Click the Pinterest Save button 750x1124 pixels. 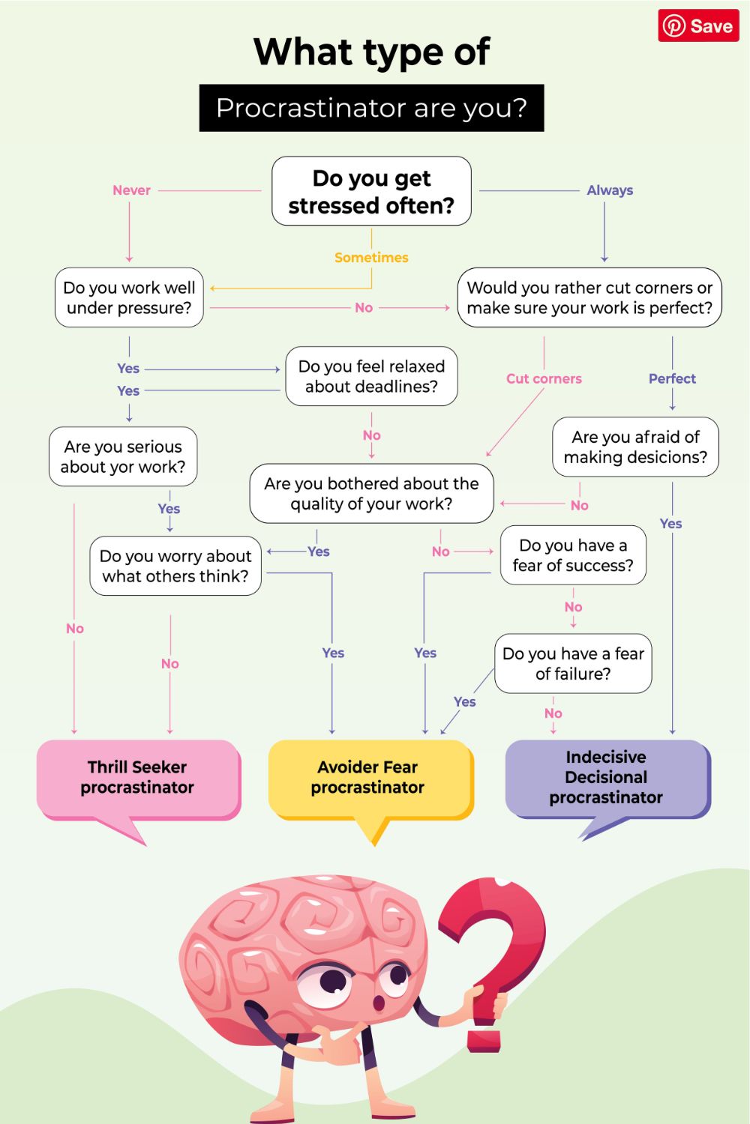point(698,26)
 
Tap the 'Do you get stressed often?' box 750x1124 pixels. point(371,191)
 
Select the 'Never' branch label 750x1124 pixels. point(131,190)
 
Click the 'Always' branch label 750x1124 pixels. point(610,190)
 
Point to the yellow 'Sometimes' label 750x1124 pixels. point(371,258)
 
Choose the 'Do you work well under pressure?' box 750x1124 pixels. point(129,297)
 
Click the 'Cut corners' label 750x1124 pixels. point(544,378)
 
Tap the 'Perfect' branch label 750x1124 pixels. point(672,378)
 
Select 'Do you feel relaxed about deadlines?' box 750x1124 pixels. point(371,376)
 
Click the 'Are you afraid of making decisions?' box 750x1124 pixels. point(635,447)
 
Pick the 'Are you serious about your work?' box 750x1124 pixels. point(123,456)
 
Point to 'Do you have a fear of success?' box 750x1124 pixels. point(573,555)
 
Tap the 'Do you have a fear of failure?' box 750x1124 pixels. point(573,663)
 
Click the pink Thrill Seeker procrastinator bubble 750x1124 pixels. point(138,778)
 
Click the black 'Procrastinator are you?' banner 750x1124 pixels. point(371,108)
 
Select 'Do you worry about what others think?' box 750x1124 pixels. point(175,566)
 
